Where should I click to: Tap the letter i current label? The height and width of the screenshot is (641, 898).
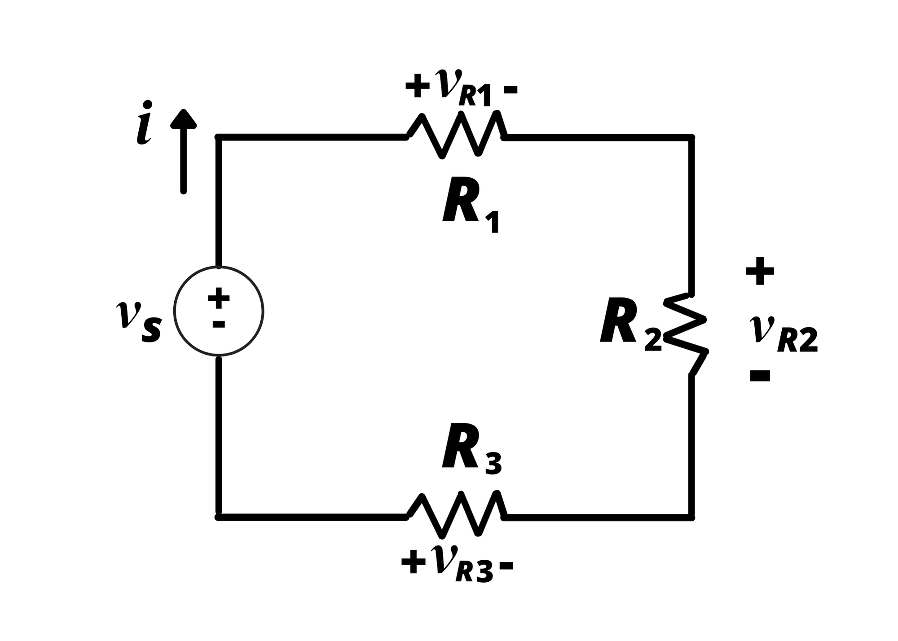pyautogui.click(x=144, y=123)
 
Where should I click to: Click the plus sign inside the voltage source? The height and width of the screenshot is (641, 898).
pyautogui.click(x=219, y=298)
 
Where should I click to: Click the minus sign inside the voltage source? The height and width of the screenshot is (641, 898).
pyautogui.click(x=219, y=324)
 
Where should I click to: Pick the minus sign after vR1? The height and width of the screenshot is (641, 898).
pyautogui.click(x=511, y=90)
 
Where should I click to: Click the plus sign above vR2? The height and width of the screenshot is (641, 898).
pyautogui.click(x=760, y=271)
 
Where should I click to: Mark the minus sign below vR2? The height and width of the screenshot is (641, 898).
pyautogui.click(x=760, y=376)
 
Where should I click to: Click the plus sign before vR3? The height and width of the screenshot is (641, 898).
pyautogui.click(x=413, y=563)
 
